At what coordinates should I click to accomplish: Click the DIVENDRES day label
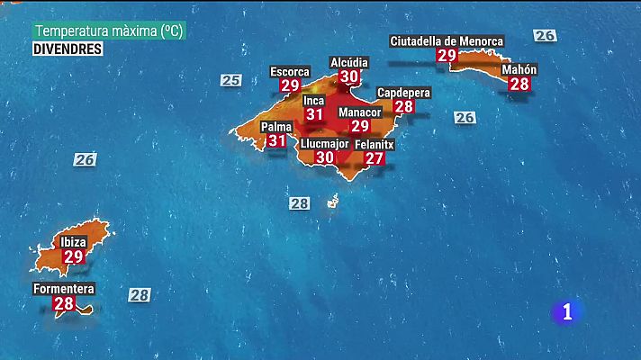click(x=68, y=49)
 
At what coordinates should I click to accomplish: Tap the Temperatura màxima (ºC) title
click(x=108, y=31)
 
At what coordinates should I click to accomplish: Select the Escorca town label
click(x=290, y=71)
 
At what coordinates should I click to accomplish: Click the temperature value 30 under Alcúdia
click(x=348, y=76)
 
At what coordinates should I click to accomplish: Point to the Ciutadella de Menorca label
click(x=447, y=40)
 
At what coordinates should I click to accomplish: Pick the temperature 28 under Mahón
click(x=519, y=84)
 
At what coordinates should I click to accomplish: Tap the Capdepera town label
click(x=404, y=93)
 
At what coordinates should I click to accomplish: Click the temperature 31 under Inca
click(x=314, y=114)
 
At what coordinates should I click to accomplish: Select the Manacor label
click(x=360, y=112)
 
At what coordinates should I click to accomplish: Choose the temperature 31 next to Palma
click(x=277, y=140)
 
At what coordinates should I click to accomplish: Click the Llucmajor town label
click(x=324, y=143)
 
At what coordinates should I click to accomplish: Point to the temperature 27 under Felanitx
click(x=375, y=158)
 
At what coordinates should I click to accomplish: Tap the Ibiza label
click(x=73, y=242)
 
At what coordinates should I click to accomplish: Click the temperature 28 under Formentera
click(x=64, y=304)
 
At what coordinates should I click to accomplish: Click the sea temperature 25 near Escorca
click(x=231, y=80)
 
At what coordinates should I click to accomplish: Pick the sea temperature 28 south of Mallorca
click(x=300, y=203)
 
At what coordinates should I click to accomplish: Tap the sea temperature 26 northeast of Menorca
click(x=545, y=35)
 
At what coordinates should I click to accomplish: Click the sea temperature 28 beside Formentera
click(x=139, y=294)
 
